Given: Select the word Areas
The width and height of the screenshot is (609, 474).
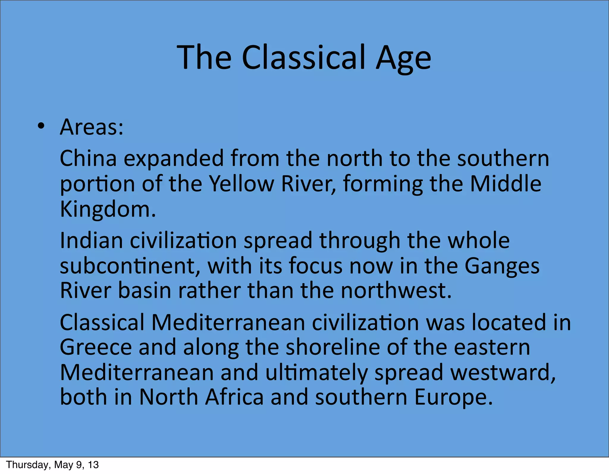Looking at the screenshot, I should coord(92,127).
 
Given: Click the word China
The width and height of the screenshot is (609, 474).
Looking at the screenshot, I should coord(88,158).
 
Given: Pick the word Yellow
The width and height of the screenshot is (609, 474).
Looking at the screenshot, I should coord(241,184).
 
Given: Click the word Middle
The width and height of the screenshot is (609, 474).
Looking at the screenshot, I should coord(506,184).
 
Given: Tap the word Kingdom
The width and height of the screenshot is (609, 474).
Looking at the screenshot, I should coord(108,209).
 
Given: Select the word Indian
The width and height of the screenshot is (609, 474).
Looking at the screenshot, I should coord(91,240).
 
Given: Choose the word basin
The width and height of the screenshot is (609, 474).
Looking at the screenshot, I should coord(145,291).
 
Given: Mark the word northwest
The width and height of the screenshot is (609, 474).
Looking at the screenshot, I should coord(396,291).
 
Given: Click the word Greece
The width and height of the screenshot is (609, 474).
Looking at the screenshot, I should coord(96,347).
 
